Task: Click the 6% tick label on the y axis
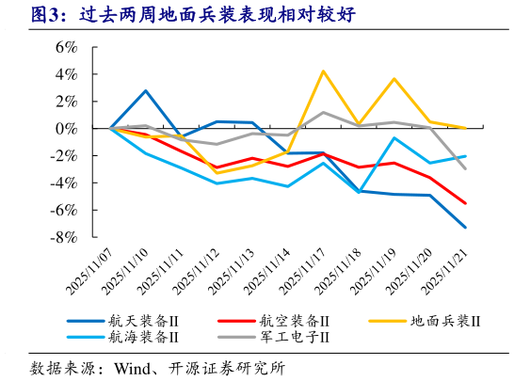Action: pos(64,46)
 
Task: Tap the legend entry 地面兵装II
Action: pos(444,321)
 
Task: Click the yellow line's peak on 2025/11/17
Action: pos(323,71)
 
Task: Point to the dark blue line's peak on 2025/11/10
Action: pos(146,90)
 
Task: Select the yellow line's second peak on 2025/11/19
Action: pos(394,79)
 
